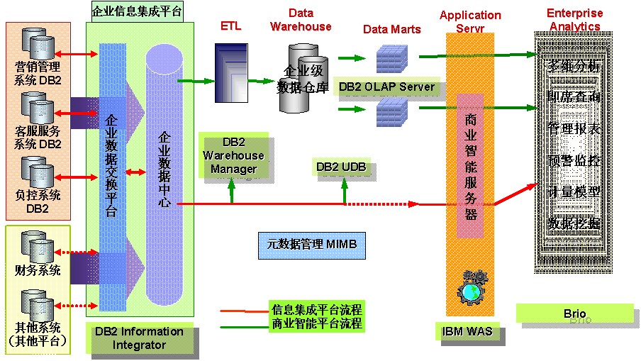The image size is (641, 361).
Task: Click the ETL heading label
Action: [231, 26]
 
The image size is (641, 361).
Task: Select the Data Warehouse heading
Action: [301, 20]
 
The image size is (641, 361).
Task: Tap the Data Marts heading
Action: [391, 29]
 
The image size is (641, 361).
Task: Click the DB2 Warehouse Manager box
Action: [233, 155]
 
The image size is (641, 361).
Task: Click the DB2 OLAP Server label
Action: [386, 87]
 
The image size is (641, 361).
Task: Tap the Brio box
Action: [574, 313]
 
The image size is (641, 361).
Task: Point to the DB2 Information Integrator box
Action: [138, 338]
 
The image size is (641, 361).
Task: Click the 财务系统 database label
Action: [38, 270]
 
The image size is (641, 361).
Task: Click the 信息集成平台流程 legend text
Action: [317, 310]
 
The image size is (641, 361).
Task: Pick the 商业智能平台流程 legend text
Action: [317, 323]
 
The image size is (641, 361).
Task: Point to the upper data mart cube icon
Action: [390, 57]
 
